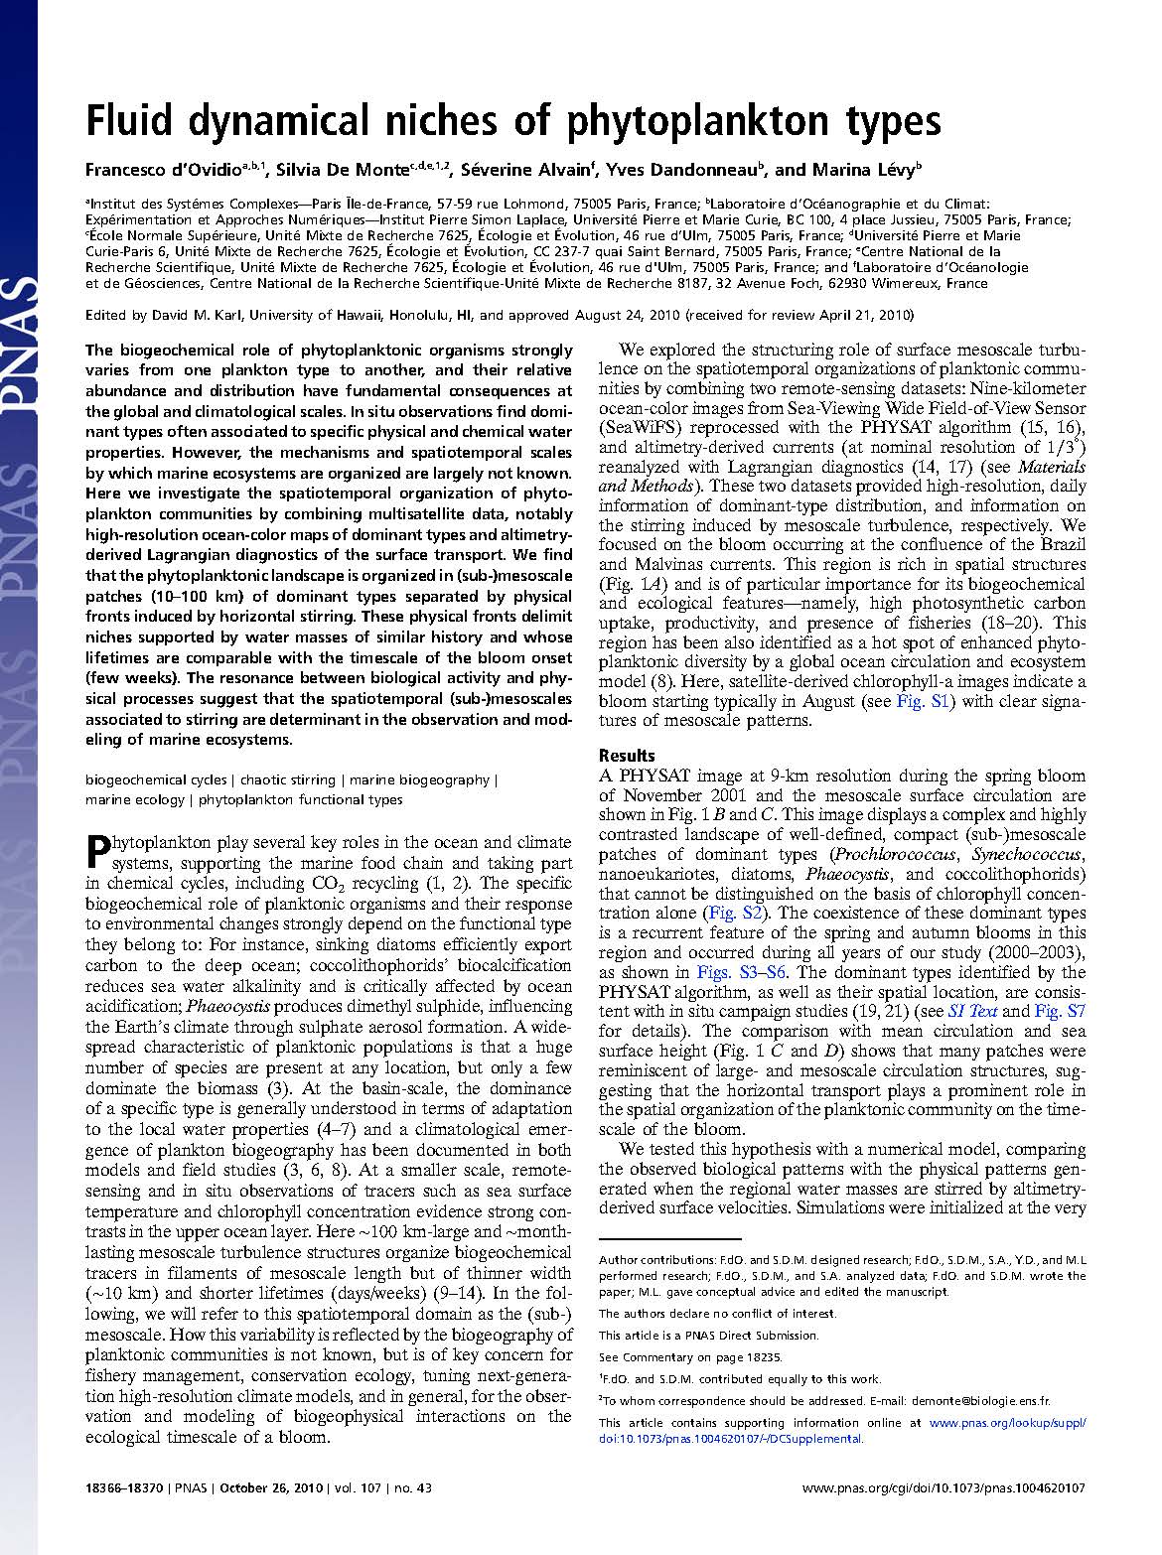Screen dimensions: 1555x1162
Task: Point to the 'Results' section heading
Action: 627,756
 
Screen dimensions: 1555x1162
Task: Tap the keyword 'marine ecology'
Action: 135,799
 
